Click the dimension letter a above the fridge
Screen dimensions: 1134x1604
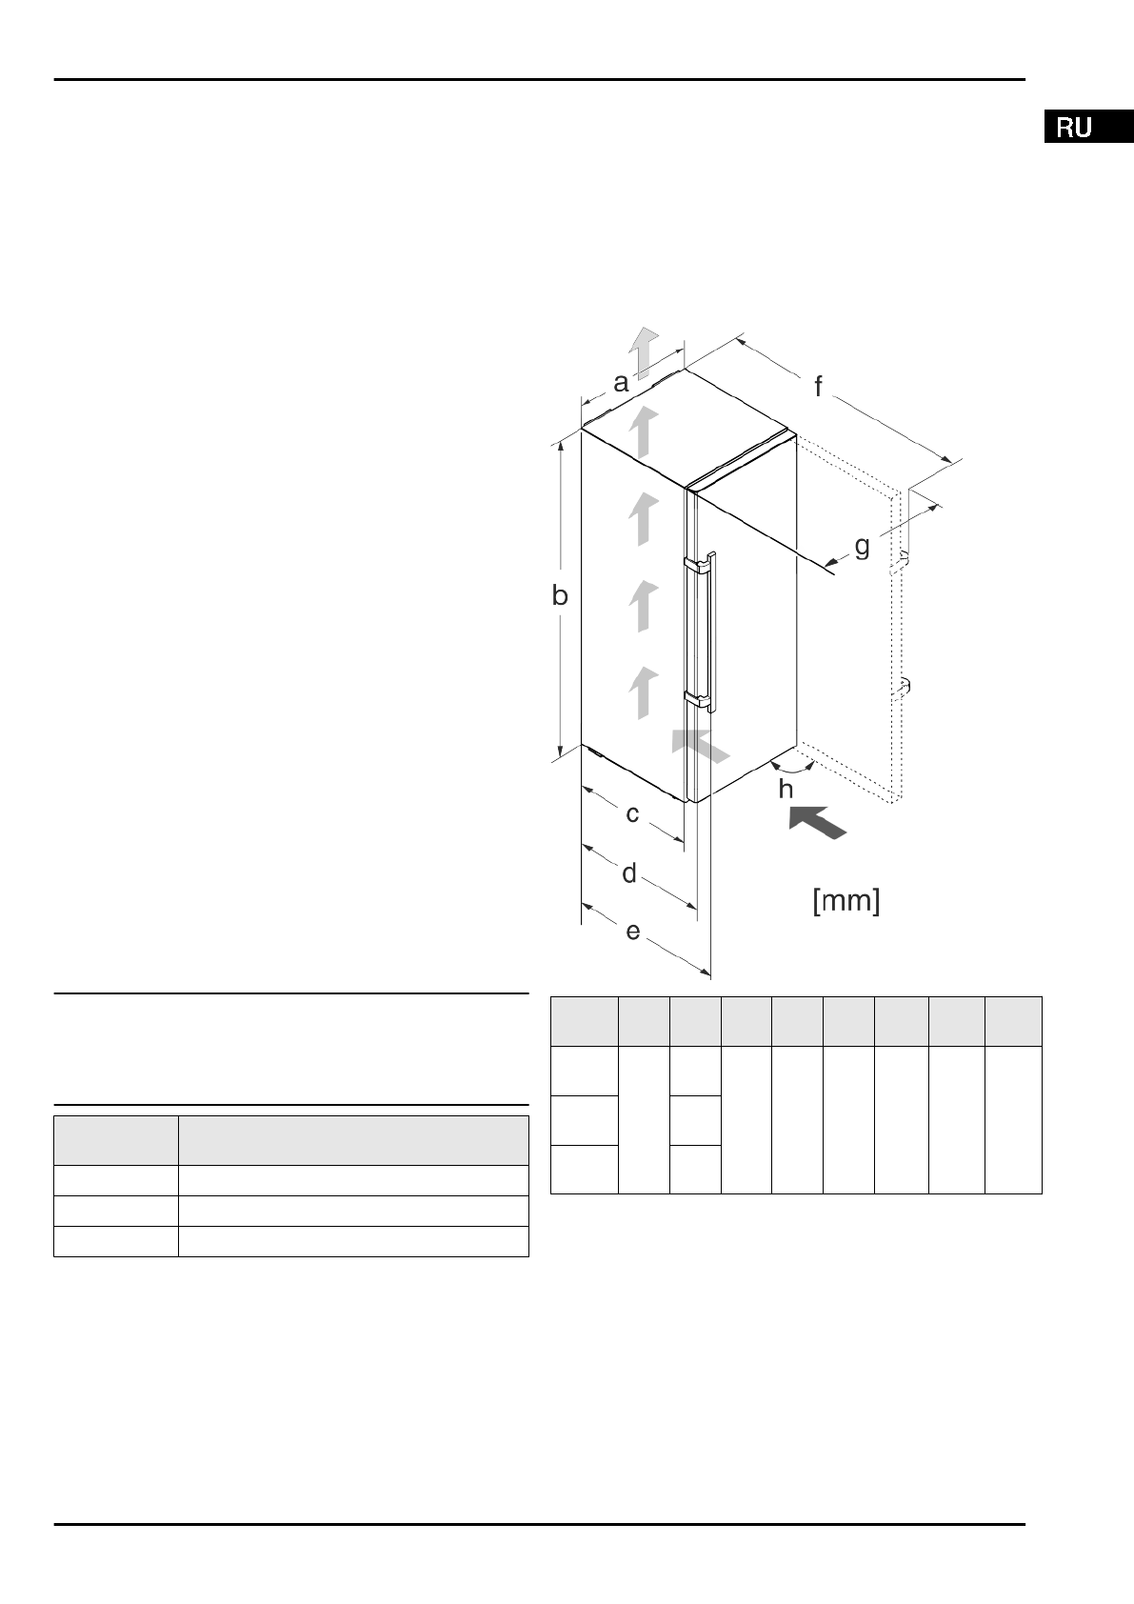621,383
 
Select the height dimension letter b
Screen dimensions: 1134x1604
560,595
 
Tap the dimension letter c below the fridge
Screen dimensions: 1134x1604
632,814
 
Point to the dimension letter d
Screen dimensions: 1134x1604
629,872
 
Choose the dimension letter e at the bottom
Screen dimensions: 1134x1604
633,932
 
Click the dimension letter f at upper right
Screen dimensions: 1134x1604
818,387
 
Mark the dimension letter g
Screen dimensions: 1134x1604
862,548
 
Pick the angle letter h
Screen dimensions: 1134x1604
786,789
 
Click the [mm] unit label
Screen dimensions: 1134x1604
846,900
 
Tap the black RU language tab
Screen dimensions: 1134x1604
1089,127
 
